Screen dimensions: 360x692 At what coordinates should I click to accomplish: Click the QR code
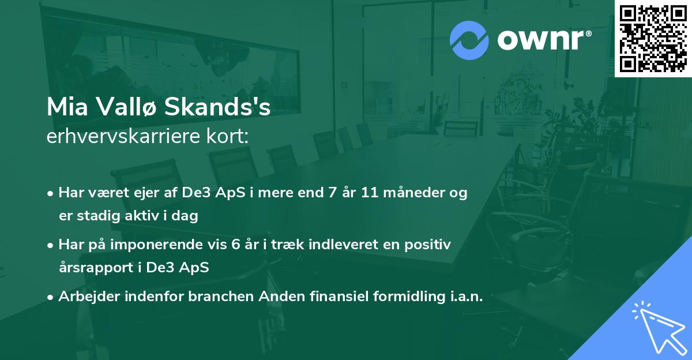tap(653, 38)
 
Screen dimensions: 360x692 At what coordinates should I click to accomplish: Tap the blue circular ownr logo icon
tap(469, 40)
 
